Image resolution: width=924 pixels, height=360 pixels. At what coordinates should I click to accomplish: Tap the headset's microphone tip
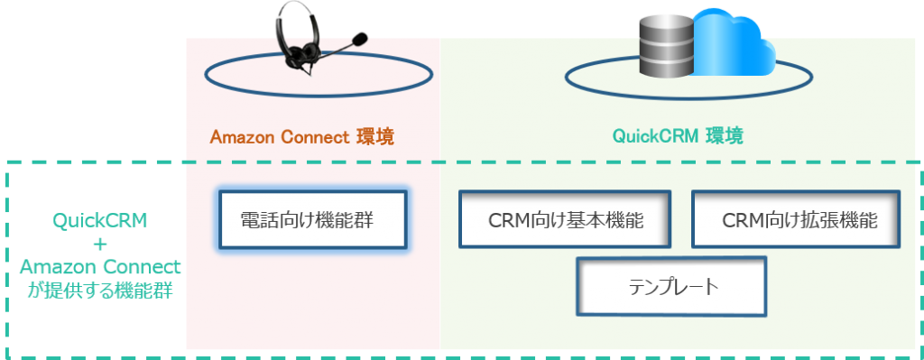point(360,39)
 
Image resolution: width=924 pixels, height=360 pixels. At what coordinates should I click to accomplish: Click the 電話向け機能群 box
point(311,218)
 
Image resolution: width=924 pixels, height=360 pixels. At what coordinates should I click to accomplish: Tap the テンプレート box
point(671,287)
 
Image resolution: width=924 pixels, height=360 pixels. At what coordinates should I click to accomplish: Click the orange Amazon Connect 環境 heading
point(301,137)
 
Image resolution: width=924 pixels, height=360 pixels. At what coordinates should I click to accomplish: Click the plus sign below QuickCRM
point(99,245)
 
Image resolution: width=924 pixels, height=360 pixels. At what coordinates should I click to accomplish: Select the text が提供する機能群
point(99,291)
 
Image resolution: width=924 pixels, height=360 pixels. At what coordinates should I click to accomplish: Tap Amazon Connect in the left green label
point(99,268)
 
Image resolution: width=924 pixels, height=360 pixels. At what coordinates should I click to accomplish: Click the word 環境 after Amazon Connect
point(375,137)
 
